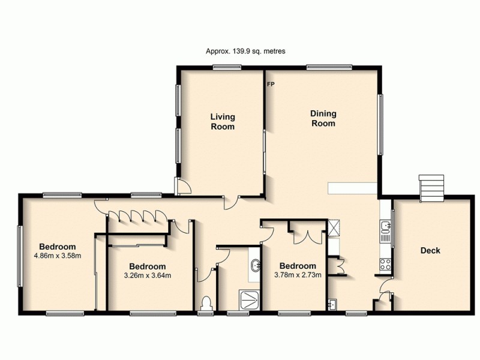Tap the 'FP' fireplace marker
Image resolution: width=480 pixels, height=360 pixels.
coord(270,84)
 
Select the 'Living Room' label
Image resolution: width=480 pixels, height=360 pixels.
coord(222,122)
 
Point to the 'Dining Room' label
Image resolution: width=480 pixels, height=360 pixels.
coord(322,118)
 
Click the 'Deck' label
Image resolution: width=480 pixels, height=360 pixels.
coord(430,250)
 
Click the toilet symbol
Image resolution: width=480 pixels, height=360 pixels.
coord(207,302)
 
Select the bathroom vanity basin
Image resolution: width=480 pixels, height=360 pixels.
coord(256,265)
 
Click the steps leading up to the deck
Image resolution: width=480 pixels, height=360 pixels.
coord(431,188)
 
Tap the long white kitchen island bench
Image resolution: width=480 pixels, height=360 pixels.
coord(352,188)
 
